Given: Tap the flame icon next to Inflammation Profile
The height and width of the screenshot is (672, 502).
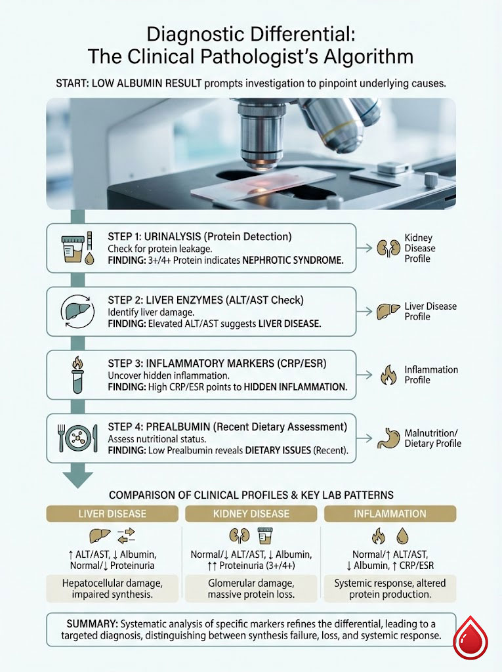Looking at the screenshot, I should tap(388, 375).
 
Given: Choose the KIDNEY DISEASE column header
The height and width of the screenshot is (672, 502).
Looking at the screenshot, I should tap(251, 513).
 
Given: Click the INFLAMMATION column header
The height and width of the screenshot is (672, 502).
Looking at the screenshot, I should tap(390, 513).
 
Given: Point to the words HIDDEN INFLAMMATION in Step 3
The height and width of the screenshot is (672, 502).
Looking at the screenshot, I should tap(295, 387).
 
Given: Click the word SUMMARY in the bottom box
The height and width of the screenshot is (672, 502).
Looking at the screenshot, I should tap(90, 622).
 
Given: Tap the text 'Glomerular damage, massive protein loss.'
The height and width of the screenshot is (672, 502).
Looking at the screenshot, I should tap(251, 589).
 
